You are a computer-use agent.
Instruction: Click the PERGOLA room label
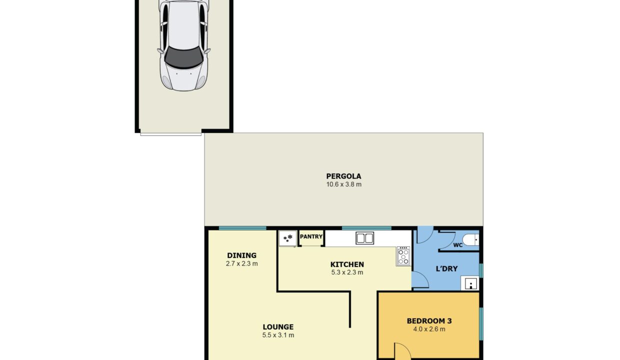tap(343, 176)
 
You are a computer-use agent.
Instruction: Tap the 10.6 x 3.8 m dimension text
tap(344, 184)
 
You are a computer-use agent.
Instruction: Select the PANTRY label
tap(311, 236)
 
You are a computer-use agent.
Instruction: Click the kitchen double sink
tap(365, 238)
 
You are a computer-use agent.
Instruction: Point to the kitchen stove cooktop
tap(403, 256)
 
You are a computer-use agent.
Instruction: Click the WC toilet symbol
tap(470, 239)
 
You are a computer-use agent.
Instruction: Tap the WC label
tap(458, 245)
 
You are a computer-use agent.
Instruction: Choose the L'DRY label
tap(446, 268)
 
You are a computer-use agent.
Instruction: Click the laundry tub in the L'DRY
tap(469, 283)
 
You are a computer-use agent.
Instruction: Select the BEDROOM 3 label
tap(429, 321)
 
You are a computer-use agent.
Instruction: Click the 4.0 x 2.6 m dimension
tap(429, 329)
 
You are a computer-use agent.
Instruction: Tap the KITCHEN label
tap(347, 264)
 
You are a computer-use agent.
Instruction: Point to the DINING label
tap(241, 255)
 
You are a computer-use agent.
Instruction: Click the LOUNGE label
tap(278, 327)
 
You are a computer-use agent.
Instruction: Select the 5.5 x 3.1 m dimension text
tap(278, 335)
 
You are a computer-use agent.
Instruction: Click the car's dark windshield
tap(184, 57)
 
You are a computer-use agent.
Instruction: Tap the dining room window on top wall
tap(242, 228)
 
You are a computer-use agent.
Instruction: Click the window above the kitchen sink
tap(366, 228)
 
